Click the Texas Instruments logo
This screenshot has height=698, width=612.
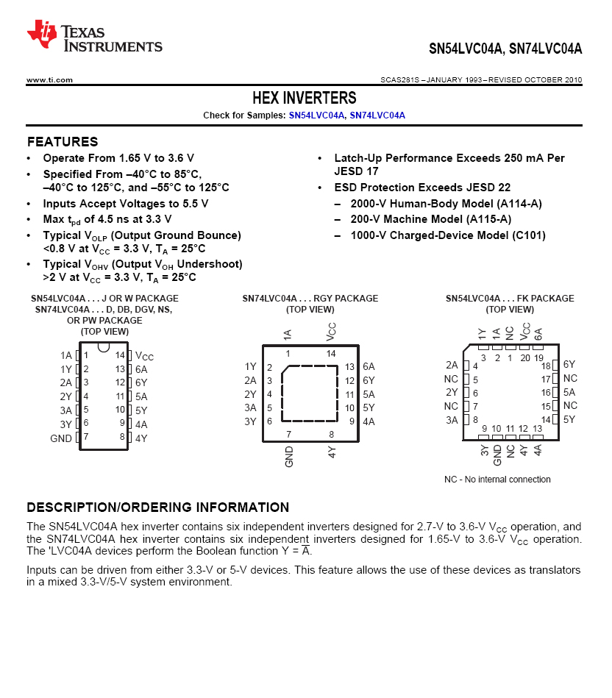pyautogui.click(x=95, y=36)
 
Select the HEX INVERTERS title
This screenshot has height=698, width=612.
pyautogui.click(x=304, y=99)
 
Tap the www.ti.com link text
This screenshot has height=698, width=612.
pyautogui.click(x=49, y=79)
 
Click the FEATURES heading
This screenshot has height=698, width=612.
pyautogui.click(x=63, y=142)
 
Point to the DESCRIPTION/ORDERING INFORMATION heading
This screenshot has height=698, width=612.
pyautogui.click(x=158, y=508)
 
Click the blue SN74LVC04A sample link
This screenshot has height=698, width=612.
pyautogui.click(x=377, y=115)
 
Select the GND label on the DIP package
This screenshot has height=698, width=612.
pyautogui.click(x=61, y=438)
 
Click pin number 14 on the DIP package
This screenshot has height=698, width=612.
pyautogui.click(x=120, y=355)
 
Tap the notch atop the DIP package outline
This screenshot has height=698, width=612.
pyautogui.click(x=104, y=346)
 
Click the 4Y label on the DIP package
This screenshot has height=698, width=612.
pyautogui.click(x=141, y=438)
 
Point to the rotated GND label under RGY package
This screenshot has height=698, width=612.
pyautogui.click(x=289, y=457)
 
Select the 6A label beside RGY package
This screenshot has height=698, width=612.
pyautogui.click(x=369, y=366)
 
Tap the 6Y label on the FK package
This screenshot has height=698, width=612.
pyautogui.click(x=569, y=365)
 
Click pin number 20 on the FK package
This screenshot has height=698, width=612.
pyautogui.click(x=524, y=358)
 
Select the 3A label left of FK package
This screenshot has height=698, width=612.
pyautogui.click(x=451, y=420)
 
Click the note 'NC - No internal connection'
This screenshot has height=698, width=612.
pyautogui.click(x=497, y=480)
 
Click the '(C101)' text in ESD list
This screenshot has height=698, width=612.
pyautogui.click(x=529, y=235)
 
